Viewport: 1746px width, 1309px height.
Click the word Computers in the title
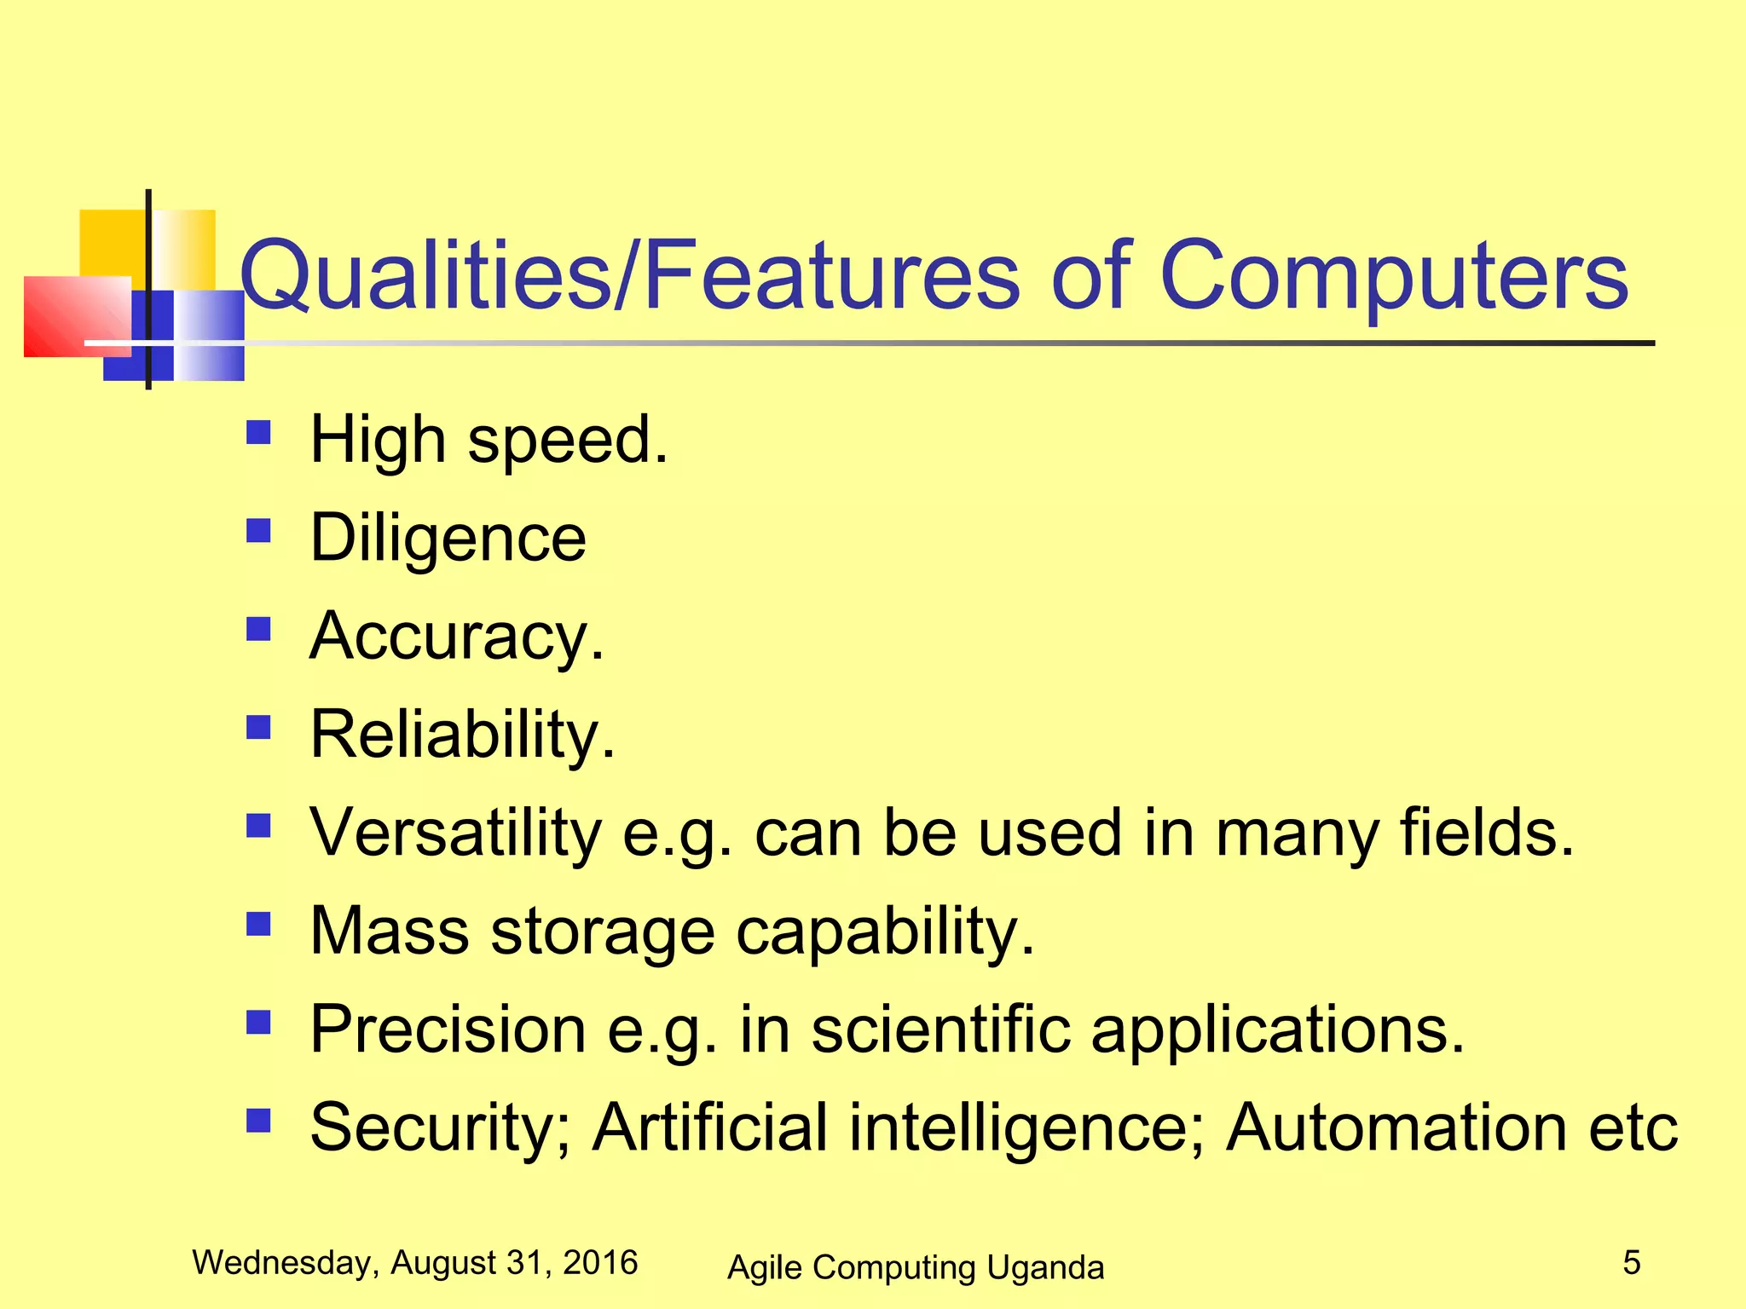(1394, 274)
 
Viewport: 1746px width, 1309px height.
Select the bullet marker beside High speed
(258, 433)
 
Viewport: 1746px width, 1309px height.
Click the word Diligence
(448, 539)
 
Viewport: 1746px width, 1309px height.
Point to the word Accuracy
(456, 637)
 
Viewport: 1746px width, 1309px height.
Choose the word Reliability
(461, 735)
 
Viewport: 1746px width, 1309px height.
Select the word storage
(602, 931)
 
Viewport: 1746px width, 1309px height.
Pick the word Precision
(448, 1029)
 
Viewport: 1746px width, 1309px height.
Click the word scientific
(940, 1029)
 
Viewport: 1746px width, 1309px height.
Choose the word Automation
(1396, 1127)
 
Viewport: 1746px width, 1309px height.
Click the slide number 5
(1631, 1262)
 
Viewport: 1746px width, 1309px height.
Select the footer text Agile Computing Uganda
(916, 1267)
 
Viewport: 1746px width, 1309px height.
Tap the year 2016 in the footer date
(600, 1262)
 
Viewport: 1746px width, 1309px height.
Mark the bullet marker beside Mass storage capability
(258, 924)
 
